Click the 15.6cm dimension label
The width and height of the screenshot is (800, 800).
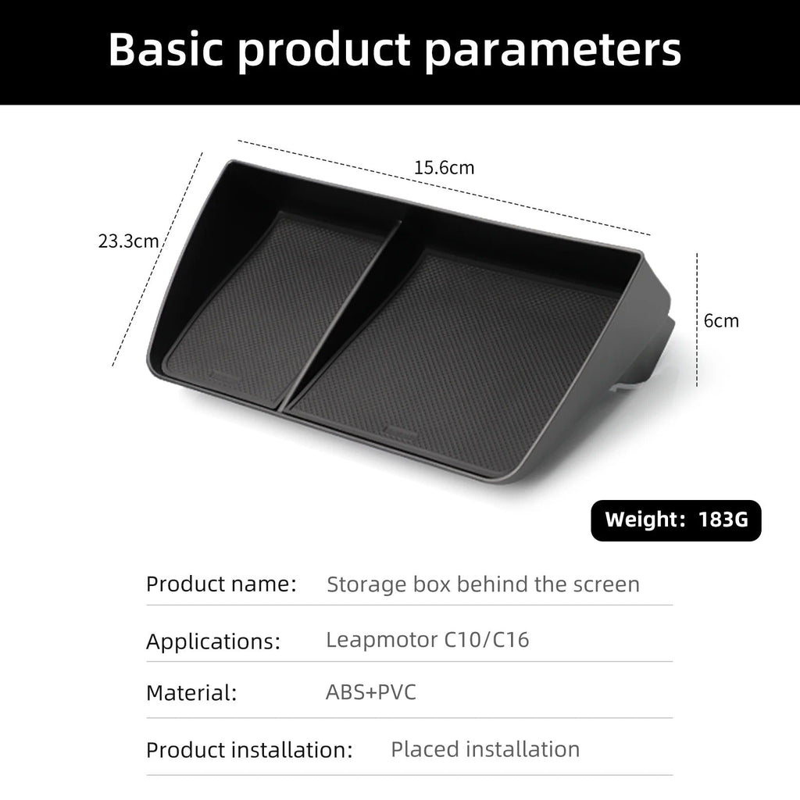[x=444, y=168]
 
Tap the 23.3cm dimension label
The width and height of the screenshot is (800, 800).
[x=129, y=241]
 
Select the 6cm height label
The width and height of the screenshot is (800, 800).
[x=721, y=321]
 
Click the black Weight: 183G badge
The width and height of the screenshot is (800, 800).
[x=676, y=520]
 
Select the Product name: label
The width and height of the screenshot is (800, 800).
[x=221, y=584]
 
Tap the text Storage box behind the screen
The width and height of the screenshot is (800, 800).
[x=483, y=584]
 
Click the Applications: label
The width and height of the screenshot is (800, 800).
[x=213, y=641]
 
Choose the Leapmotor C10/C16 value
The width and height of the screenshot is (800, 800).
[x=427, y=640]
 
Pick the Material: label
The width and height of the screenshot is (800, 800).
[x=191, y=694]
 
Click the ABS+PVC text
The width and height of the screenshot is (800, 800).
[x=371, y=692]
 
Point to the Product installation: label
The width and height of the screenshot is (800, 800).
[x=249, y=750]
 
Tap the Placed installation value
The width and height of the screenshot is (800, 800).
[x=485, y=749]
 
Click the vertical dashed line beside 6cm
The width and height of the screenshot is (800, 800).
[x=697, y=320]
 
